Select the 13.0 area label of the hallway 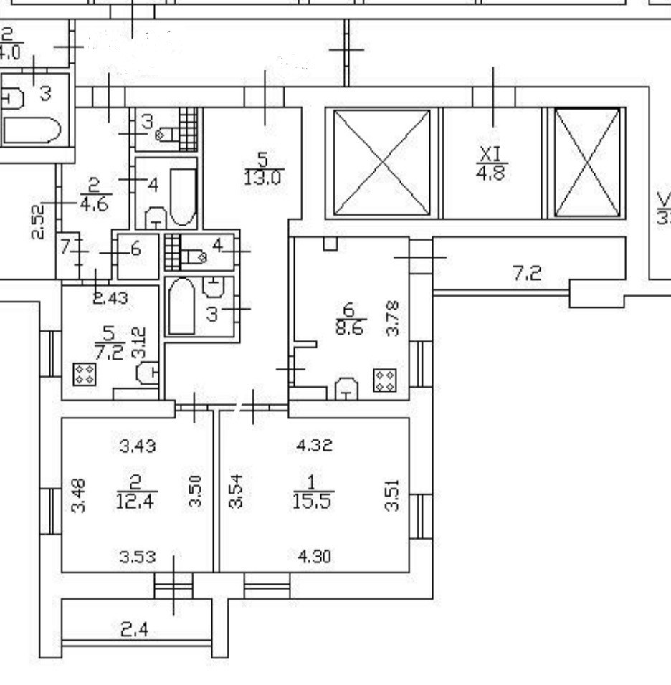[x=261, y=178]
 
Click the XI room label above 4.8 [x=491, y=153]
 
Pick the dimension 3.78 [x=392, y=319]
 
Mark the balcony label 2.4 [x=134, y=631]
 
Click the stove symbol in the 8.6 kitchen [x=384, y=379]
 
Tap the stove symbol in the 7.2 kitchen [x=85, y=373]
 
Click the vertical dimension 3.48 [x=80, y=494]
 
